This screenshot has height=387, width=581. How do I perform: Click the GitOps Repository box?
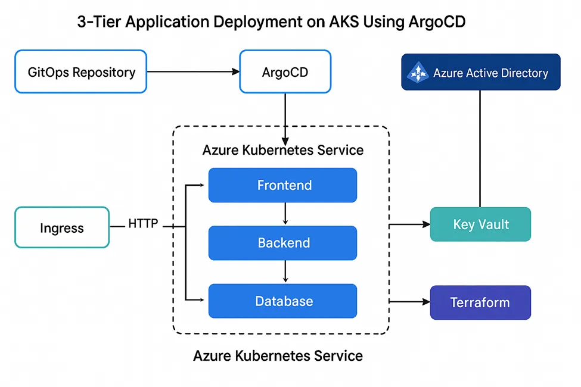pos(80,72)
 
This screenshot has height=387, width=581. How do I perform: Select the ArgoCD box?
pos(285,72)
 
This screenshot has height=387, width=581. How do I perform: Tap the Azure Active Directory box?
pos(480,72)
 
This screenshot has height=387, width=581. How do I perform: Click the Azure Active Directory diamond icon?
pos(418,73)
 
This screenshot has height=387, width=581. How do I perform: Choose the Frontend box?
pos(282,185)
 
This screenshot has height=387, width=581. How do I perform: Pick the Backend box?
pos(282,243)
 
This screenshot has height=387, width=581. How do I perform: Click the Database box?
pos(282,301)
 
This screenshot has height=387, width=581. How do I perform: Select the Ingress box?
pos(61,227)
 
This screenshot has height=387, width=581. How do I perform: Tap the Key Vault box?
pos(480,224)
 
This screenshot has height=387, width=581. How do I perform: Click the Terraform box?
pos(480,302)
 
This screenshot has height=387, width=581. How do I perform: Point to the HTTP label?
pos(143,224)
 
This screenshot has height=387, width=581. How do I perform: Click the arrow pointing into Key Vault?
pos(410,225)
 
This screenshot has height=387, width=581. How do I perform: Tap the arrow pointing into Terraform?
pos(410,302)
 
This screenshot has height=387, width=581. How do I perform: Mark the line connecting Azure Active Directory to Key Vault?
pos(480,149)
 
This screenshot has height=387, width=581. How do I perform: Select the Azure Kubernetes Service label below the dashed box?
pos(278,356)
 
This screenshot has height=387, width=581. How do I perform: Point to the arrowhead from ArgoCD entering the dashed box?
pos(285,139)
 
